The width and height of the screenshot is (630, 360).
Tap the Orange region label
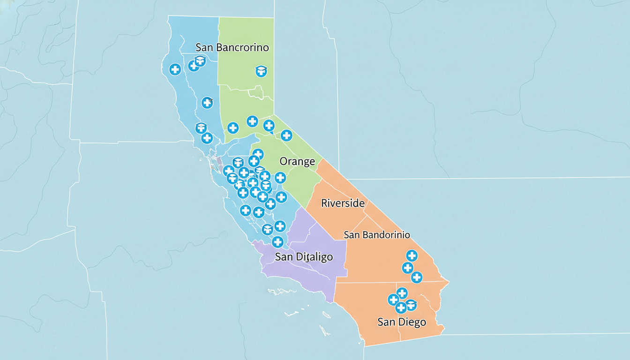coord(297,162)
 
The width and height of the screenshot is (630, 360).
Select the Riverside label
coord(343,203)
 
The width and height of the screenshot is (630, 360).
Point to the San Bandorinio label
coord(377,235)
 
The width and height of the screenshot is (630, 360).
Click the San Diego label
coord(402,322)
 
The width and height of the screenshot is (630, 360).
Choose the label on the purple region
coord(304,257)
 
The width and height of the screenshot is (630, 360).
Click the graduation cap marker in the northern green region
coord(261,71)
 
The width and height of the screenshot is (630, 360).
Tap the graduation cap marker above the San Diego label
coord(411,305)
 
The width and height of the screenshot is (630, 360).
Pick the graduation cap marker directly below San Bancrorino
coord(200,60)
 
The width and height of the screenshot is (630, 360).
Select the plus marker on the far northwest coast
coord(175,70)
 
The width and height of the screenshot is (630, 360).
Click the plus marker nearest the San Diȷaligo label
coord(277,242)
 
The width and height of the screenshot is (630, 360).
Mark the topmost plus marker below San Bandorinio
coord(412,255)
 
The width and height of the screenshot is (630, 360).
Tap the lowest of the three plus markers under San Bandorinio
coord(416,277)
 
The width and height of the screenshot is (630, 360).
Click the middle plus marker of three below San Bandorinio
coord(407,268)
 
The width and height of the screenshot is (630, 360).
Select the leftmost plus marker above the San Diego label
coord(393,300)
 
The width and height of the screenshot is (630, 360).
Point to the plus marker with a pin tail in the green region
coord(269,125)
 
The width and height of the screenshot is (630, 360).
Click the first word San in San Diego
coord(386,322)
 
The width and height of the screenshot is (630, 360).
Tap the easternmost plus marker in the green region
coord(286,135)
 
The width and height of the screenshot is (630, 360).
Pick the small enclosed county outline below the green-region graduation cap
coord(257,92)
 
